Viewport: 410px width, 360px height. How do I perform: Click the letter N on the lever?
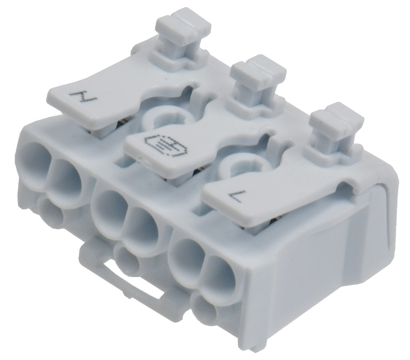[x=82, y=96]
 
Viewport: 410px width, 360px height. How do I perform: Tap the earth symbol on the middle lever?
[x=162, y=146]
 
